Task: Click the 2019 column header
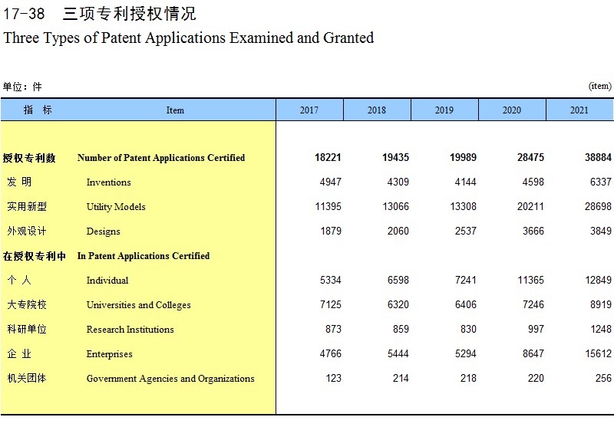pyautogui.click(x=444, y=110)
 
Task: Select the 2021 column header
pyautogui.click(x=579, y=110)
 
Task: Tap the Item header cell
pyautogui.click(x=175, y=110)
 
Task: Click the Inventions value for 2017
pyautogui.click(x=331, y=182)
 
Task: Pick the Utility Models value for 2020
pyautogui.click(x=530, y=206)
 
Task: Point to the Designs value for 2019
pyautogui.click(x=466, y=231)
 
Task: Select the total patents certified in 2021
pyautogui.click(x=598, y=157)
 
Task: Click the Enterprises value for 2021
pyautogui.click(x=598, y=353)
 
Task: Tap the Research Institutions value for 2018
pyautogui.click(x=401, y=329)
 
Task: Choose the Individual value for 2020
pyautogui.click(x=530, y=280)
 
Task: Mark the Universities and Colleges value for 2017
pyautogui.click(x=331, y=304)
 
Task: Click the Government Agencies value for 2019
pyautogui.click(x=468, y=378)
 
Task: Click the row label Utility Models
pyautogui.click(x=116, y=207)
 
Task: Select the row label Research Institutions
pyautogui.click(x=130, y=330)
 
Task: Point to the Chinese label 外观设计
pyautogui.click(x=27, y=231)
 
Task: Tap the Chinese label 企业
pyautogui.click(x=19, y=353)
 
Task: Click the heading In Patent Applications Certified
pyautogui.click(x=144, y=256)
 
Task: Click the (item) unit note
pyautogui.click(x=600, y=86)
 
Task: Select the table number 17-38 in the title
pyautogui.click(x=24, y=14)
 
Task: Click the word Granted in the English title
pyautogui.click(x=348, y=38)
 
